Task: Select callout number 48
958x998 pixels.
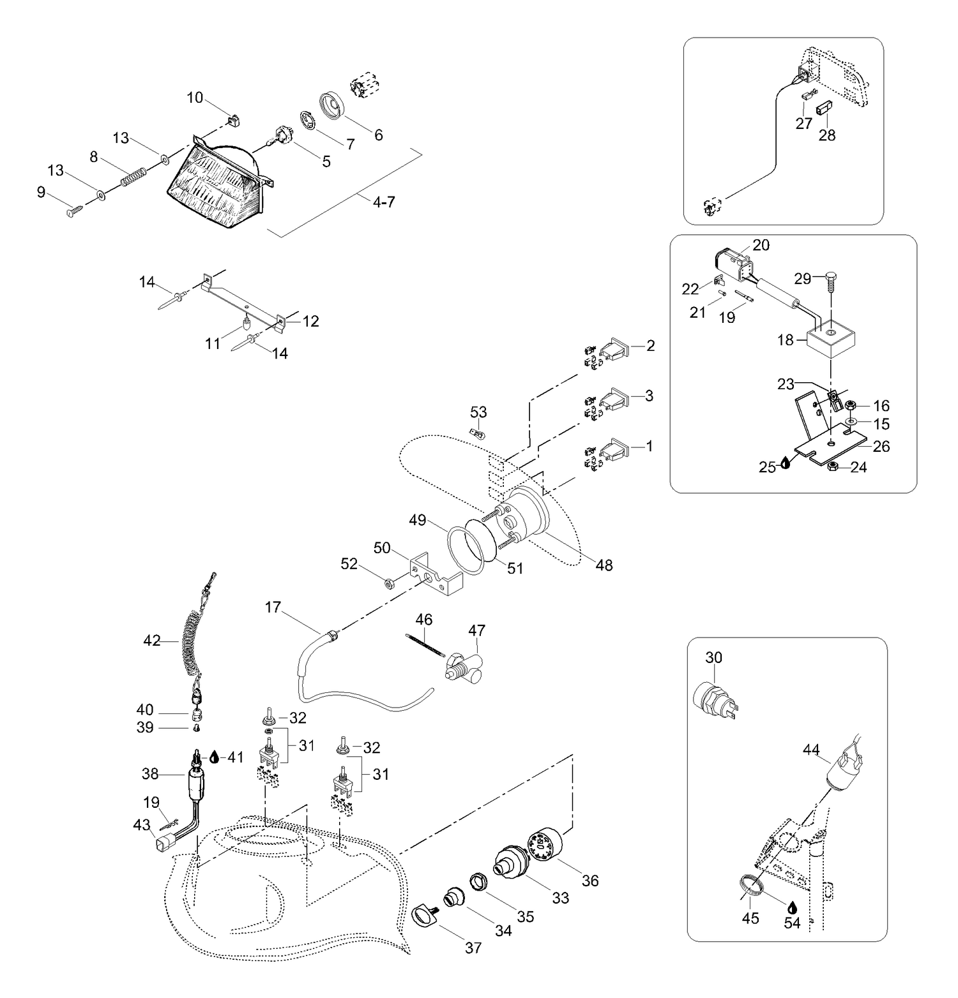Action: tap(604, 565)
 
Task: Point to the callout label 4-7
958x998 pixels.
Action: tap(384, 202)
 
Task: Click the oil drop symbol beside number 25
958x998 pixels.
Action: tap(785, 466)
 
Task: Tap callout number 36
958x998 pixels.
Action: tap(590, 881)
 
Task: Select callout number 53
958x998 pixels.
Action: tap(478, 412)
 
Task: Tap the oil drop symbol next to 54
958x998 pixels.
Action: tap(792, 907)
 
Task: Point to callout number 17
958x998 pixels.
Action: tap(273, 607)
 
